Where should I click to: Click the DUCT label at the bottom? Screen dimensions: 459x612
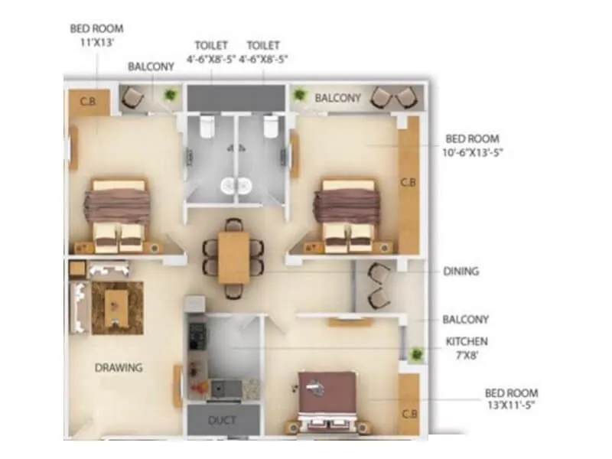coord(223,421)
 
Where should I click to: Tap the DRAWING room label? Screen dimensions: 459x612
coord(119,368)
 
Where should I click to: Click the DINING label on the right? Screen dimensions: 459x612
coord(461,271)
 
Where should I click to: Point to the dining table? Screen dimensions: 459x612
coord(233,257)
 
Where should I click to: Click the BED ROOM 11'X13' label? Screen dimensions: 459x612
coord(96,35)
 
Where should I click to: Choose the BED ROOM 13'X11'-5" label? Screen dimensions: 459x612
coord(511,399)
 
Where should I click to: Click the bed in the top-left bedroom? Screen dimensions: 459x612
coord(119,214)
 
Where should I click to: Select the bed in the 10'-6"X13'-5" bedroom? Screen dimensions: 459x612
coord(349,214)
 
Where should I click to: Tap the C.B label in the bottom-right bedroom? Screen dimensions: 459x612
coord(409,414)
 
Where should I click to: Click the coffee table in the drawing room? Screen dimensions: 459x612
coord(117,306)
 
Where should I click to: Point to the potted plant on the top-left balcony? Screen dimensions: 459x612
coord(170,94)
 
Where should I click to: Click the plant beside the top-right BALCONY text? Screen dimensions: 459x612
coord(298,95)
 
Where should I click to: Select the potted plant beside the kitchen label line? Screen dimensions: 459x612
coord(417,354)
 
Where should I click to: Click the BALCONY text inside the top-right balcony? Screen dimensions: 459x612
coord(337,98)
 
